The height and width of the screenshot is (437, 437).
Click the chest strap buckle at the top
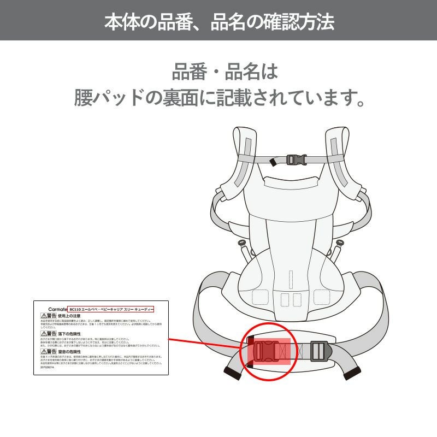(296, 160)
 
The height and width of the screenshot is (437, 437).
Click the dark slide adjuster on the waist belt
(320, 350)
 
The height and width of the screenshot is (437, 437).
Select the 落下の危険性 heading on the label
(69, 333)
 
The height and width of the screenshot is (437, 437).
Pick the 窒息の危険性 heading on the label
(69, 351)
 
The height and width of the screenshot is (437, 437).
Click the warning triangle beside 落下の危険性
(43, 333)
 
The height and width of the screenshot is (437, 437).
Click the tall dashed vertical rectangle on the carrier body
(291, 279)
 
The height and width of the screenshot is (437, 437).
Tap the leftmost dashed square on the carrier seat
(260, 297)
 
